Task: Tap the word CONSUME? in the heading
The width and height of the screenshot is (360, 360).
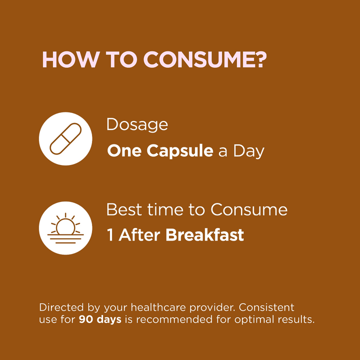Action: [x=205, y=59]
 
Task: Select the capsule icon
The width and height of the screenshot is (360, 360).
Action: [x=65, y=138]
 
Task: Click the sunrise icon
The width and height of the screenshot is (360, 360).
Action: [x=65, y=228]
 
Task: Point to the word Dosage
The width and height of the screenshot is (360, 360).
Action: [x=137, y=125]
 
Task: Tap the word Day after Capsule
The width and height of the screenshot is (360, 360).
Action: [x=249, y=152]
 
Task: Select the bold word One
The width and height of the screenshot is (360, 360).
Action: [x=124, y=151]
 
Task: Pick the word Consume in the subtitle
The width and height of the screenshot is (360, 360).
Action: [x=249, y=209]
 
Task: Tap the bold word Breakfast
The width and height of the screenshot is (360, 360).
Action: [x=204, y=234]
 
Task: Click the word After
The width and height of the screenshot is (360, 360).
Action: [x=139, y=234]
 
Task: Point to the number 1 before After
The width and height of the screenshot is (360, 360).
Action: [x=110, y=235]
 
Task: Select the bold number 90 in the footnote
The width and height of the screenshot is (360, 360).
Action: [x=86, y=319]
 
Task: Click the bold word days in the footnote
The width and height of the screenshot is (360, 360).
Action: [x=109, y=320]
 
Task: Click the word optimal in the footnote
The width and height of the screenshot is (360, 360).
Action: [x=254, y=320]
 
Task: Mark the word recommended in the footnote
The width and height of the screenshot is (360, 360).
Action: [x=174, y=319]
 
